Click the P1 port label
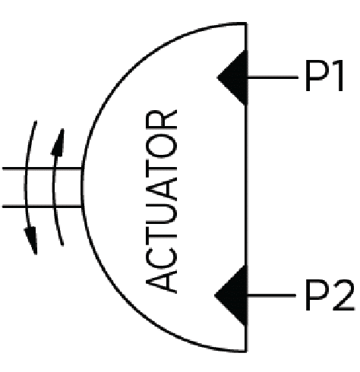tap(324, 76)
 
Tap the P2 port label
tap(330, 295)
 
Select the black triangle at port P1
tap(232, 77)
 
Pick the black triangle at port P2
tap(231, 295)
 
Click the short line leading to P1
tap(273, 77)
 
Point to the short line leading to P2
tap(271, 295)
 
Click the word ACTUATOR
tap(161, 201)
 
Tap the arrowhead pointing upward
tap(58, 142)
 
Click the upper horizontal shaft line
tap(42, 169)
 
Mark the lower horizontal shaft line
tap(42, 206)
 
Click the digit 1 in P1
tap(338, 76)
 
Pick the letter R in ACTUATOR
tap(161, 119)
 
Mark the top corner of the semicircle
tap(246, 24)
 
